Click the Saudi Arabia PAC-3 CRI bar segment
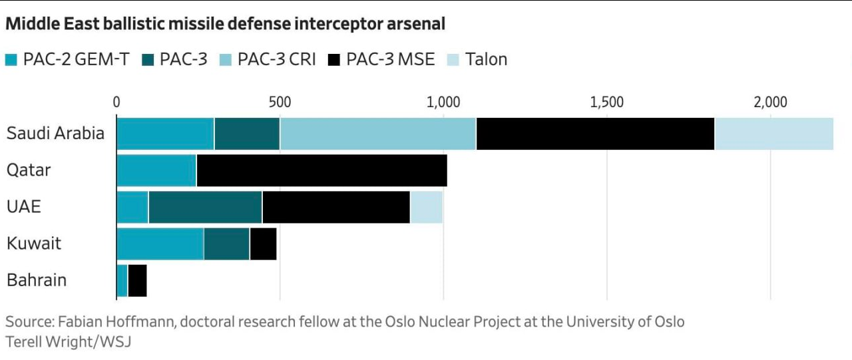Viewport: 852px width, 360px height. pos(377,133)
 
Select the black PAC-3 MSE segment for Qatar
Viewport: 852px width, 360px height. pos(321,170)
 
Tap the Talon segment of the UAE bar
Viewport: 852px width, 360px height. pos(426,206)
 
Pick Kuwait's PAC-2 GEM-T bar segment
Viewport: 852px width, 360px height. pos(160,243)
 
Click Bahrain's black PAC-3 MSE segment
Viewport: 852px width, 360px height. pos(137,280)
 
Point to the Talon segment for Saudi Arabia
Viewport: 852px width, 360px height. pos(773,133)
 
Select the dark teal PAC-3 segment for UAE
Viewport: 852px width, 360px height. pos(205,206)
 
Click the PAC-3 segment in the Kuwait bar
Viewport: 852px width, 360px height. pos(226,243)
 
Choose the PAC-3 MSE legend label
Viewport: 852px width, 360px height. pos(390,60)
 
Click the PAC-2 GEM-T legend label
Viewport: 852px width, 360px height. pos(76,60)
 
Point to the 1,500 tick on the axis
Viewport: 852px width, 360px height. pos(607,102)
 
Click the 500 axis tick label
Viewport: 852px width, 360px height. pos(280,102)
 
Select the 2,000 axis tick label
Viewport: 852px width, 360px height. pos(770,102)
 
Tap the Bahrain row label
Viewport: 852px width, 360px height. pos(37,280)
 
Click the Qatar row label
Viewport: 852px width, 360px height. pos(29,170)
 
